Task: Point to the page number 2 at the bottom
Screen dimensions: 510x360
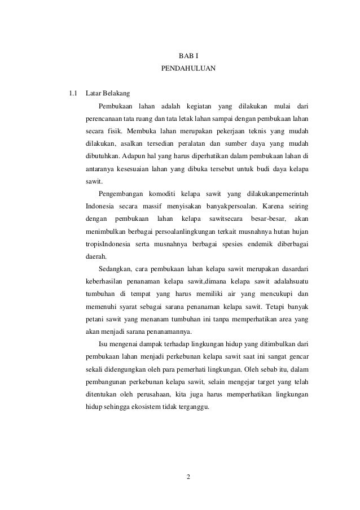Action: point(188,480)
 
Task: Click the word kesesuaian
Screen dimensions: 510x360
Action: point(126,169)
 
